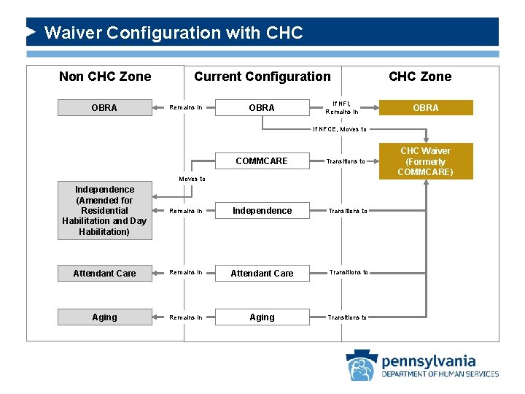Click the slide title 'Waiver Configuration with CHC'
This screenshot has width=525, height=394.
coord(173,33)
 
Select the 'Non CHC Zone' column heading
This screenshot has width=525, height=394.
coord(105,77)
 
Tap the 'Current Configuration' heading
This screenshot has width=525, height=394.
coord(262,77)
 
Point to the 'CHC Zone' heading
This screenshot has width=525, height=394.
coord(420,77)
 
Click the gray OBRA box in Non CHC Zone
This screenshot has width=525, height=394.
coord(104,108)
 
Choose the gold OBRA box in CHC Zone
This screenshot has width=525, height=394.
coord(426,108)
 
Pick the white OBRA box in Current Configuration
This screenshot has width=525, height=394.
coord(262,108)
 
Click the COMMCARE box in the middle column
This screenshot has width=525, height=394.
coord(262,161)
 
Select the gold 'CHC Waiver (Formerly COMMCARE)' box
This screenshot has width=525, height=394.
coord(426,161)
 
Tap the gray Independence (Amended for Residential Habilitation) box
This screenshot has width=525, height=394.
coord(104,211)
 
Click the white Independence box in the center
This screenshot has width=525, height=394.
coord(262,211)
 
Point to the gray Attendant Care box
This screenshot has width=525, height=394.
coord(104,274)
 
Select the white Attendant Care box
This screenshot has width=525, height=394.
coord(262,274)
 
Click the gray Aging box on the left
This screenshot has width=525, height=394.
coord(104,317)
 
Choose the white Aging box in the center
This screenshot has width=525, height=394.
coord(262,317)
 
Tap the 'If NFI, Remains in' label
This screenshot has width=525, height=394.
coord(342,108)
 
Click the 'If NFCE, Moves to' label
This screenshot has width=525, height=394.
coord(339,130)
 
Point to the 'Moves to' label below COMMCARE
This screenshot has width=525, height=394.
coord(192,179)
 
